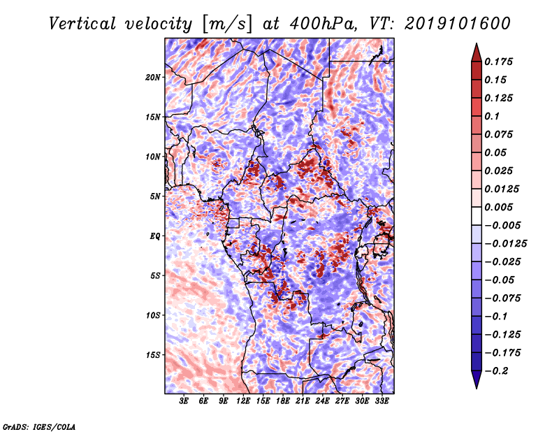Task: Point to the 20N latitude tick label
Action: [153, 77]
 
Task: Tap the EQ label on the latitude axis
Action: [156, 236]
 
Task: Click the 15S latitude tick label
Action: [153, 355]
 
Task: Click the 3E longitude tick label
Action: [184, 401]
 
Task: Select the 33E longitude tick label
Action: [382, 401]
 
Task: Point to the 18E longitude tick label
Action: [283, 401]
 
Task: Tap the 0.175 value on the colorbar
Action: [500, 62]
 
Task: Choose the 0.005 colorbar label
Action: [500, 207]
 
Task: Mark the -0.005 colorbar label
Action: [502, 225]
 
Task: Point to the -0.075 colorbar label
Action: [502, 298]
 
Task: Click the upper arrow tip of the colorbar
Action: [476, 45]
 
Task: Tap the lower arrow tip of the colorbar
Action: [476, 387]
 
